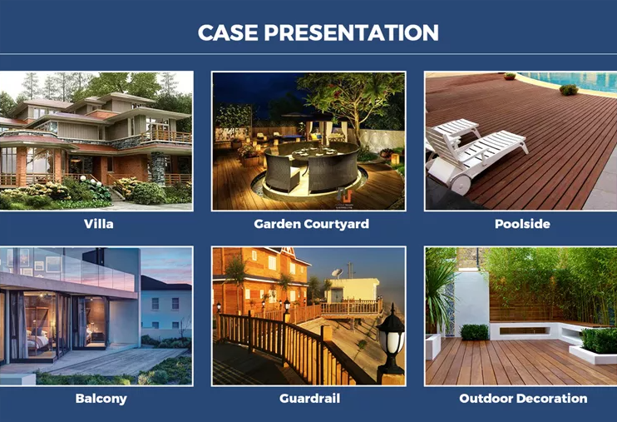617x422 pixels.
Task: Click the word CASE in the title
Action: (228, 32)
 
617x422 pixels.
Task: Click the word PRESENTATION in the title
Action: (352, 32)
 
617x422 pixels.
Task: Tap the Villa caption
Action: (99, 224)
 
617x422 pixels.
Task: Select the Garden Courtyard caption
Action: (311, 224)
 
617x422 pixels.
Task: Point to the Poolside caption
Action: (522, 224)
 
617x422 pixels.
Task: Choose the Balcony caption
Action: (101, 399)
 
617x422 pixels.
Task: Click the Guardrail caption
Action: (309, 399)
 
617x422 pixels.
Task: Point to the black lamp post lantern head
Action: (391, 334)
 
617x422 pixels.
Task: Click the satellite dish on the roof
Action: (338, 273)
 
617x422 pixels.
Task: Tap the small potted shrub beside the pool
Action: (569, 90)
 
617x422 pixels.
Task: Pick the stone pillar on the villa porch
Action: (158, 169)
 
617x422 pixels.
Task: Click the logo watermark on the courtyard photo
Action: (344, 197)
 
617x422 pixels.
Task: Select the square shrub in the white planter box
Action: (474, 332)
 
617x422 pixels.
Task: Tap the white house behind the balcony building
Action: (165, 305)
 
